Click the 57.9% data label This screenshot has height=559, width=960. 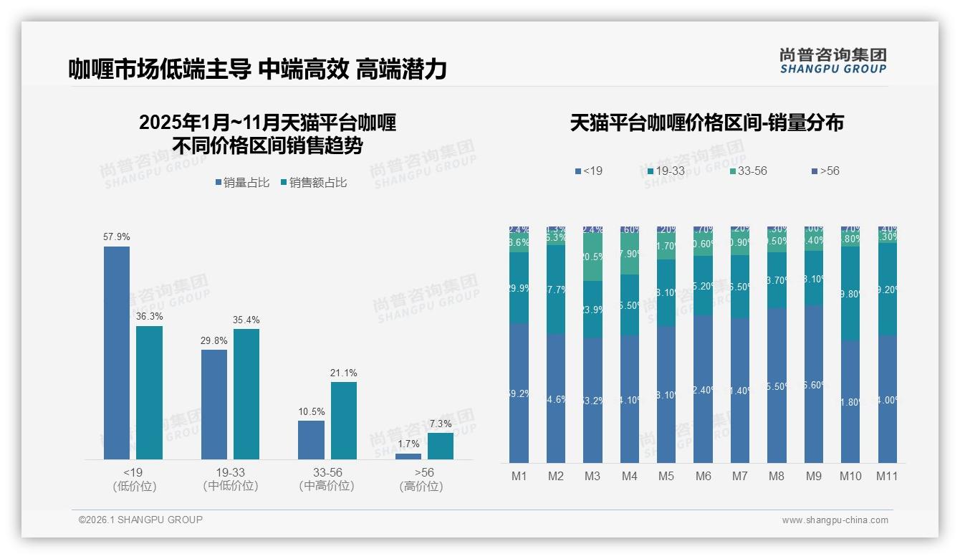[x=117, y=236]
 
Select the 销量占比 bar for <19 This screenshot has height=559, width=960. [x=117, y=353]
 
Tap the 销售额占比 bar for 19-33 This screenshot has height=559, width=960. [x=246, y=393]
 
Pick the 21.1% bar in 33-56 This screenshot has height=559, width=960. [x=344, y=420]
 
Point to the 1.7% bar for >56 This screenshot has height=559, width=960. [x=408, y=456]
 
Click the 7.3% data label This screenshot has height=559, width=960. [x=441, y=424]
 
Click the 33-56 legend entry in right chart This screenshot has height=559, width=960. [x=748, y=171]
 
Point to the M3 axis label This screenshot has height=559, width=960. [x=592, y=476]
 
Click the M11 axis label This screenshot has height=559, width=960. [x=887, y=476]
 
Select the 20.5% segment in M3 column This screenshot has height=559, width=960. [x=592, y=257]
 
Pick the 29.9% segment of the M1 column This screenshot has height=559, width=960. [x=519, y=287]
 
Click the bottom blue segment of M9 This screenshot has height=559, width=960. [x=814, y=384]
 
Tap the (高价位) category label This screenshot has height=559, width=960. [x=421, y=486]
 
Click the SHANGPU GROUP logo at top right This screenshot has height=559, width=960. [x=832, y=61]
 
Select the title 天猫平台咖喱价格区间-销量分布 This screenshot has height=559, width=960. [x=706, y=123]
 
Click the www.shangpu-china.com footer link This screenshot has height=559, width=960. [x=835, y=520]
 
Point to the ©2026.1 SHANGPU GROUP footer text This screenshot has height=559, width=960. [x=140, y=520]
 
